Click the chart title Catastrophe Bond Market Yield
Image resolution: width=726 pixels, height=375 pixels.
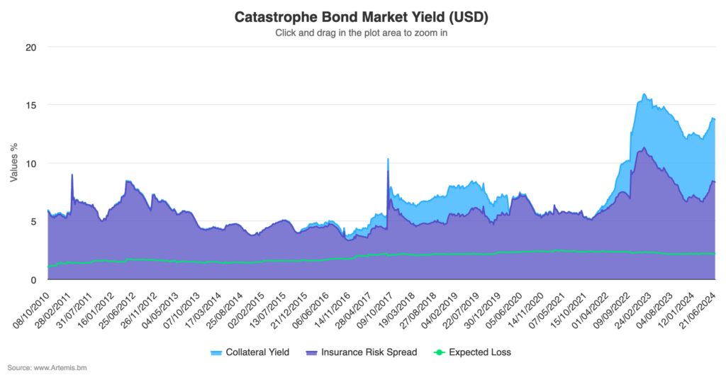coord(362,16)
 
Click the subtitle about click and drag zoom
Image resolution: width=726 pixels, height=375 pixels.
coord(362,32)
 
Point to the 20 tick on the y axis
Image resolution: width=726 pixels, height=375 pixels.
coord(31,47)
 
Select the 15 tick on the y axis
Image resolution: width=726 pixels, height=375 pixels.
coord(31,105)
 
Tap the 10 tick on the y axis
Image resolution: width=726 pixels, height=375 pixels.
coord(31,163)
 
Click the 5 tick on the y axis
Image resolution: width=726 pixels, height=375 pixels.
coord(33,221)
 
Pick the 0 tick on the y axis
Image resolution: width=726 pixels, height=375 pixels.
coord(33,279)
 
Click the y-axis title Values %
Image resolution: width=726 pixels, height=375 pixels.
coord(13,163)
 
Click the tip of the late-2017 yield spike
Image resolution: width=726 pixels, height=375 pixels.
coord(388,159)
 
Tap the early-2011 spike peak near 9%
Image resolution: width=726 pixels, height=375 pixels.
coord(72,174)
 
